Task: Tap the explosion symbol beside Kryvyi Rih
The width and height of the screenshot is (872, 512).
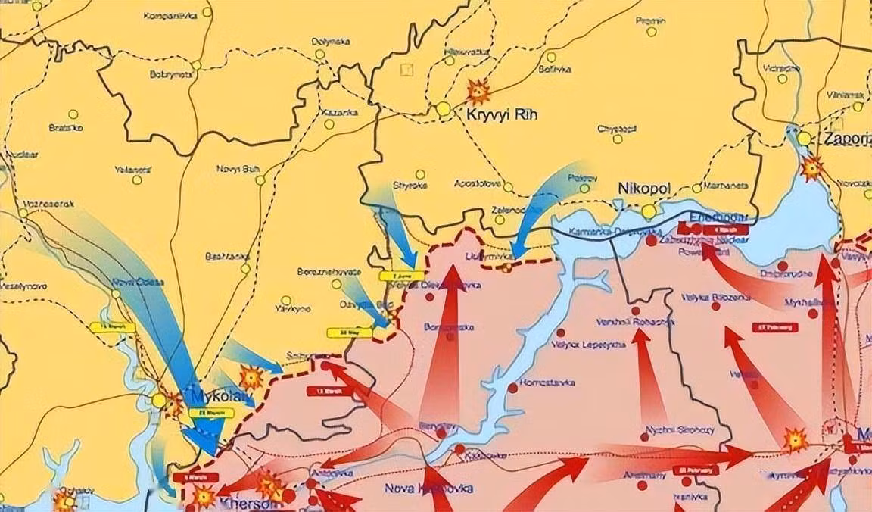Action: pos(478,92)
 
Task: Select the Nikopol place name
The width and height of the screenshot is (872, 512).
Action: pos(643,187)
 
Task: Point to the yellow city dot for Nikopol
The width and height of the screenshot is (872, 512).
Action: pos(649,211)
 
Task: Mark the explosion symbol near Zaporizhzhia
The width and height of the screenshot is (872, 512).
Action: pos(812,167)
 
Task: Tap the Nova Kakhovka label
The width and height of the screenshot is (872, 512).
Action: pos(428,489)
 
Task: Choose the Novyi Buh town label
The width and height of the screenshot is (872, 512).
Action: pos(238,168)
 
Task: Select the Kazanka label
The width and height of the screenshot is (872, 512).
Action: pos(338,112)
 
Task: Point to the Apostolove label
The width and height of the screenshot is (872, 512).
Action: pos(478,184)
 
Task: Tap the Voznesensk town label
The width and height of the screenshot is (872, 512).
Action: pos(51,204)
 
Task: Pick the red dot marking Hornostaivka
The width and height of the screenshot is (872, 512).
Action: pos(513,388)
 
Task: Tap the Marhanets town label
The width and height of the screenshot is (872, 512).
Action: pos(725,186)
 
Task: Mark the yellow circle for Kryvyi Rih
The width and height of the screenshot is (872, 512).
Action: pos(443,109)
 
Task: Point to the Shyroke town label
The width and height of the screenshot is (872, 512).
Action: pos(410,185)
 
